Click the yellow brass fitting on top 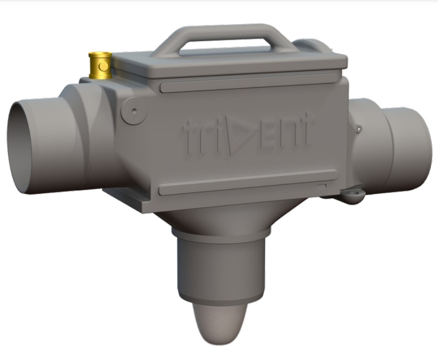coord(100,66)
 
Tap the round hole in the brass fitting coord(102,64)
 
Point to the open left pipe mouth coord(26,147)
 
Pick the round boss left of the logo coord(134,110)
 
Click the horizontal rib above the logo coord(248,83)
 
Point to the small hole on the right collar coord(359,129)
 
